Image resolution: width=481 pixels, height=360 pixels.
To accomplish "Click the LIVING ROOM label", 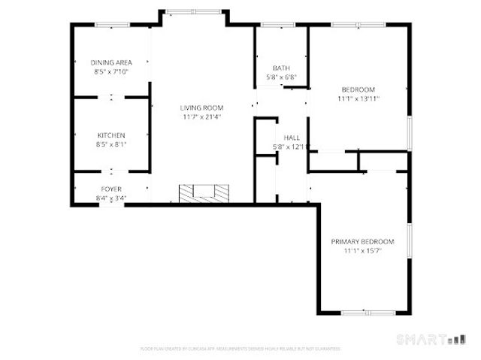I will tap(201, 107).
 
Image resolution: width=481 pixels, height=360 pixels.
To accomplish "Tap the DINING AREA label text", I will tap(111, 62).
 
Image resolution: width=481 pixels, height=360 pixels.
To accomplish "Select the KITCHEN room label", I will tap(111, 135).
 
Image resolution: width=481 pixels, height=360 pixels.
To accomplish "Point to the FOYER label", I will tap(111, 189).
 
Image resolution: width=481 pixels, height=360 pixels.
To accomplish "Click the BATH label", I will tap(281, 68).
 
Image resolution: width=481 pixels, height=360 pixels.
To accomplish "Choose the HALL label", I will tap(292, 138).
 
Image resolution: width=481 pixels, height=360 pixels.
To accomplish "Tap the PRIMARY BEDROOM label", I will tap(363, 241).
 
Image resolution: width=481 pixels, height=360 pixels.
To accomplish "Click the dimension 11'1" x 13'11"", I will tap(358, 98).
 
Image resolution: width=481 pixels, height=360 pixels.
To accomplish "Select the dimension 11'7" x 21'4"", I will tap(201, 116).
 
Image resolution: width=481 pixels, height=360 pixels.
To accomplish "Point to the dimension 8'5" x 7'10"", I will tap(111, 71).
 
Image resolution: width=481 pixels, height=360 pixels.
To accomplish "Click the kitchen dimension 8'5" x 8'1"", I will tap(111, 144).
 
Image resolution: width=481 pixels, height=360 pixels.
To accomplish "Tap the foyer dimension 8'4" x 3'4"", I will tap(111, 198).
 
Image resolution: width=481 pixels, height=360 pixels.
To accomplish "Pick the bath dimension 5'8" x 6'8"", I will tap(281, 77).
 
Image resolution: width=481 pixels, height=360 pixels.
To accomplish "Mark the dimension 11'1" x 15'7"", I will tap(363, 250).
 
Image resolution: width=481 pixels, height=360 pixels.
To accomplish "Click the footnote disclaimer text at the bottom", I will tap(240, 349).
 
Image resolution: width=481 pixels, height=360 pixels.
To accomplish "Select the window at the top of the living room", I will tap(194, 11).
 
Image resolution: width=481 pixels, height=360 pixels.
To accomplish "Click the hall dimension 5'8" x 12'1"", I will tap(289, 147).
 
